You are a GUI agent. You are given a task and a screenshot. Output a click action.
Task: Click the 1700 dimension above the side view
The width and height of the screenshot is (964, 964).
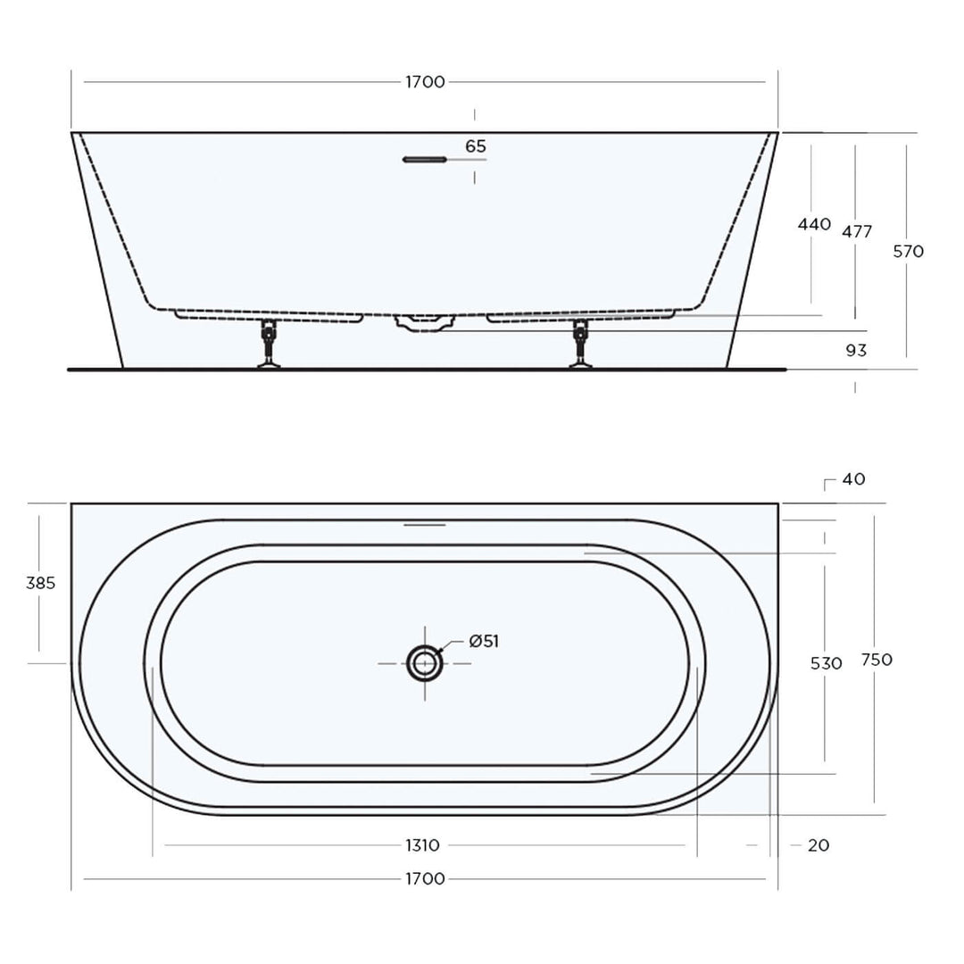click(425, 82)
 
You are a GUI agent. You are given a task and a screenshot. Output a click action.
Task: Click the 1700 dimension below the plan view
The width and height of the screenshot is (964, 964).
click(425, 879)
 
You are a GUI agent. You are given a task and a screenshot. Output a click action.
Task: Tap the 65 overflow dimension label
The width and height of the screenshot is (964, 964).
click(476, 146)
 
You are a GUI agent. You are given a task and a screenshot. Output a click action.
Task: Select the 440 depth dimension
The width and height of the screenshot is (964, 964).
click(814, 224)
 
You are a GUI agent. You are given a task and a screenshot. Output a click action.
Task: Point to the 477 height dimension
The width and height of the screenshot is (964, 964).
click(857, 232)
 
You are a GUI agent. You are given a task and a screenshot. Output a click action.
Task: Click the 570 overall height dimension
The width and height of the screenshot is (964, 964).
click(908, 252)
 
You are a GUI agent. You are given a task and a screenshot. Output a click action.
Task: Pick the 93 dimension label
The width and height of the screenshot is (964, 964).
click(856, 351)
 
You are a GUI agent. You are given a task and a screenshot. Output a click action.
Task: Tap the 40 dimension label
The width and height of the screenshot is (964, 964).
click(853, 479)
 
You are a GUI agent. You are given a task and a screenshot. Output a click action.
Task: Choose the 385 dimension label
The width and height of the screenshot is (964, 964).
click(40, 583)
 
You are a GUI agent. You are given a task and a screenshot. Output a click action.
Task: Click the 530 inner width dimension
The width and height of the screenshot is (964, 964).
click(827, 663)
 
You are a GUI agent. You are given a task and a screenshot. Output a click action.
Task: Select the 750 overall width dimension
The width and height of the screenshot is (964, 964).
click(877, 660)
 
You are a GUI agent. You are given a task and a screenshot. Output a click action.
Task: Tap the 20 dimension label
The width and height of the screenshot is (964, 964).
click(818, 845)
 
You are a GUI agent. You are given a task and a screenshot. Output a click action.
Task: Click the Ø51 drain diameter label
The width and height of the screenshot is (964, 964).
click(483, 641)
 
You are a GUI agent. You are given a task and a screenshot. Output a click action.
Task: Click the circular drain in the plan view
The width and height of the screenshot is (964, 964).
click(424, 663)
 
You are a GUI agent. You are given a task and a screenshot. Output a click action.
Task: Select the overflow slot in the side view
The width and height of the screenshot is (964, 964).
click(423, 160)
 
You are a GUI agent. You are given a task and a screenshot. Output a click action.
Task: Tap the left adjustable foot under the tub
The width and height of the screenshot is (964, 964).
click(267, 345)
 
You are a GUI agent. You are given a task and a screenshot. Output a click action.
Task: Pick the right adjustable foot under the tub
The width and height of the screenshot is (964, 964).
click(581, 345)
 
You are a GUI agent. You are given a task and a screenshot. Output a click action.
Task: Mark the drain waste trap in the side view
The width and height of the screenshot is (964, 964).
click(424, 322)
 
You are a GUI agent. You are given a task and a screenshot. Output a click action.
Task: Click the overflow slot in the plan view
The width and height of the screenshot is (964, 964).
click(424, 525)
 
